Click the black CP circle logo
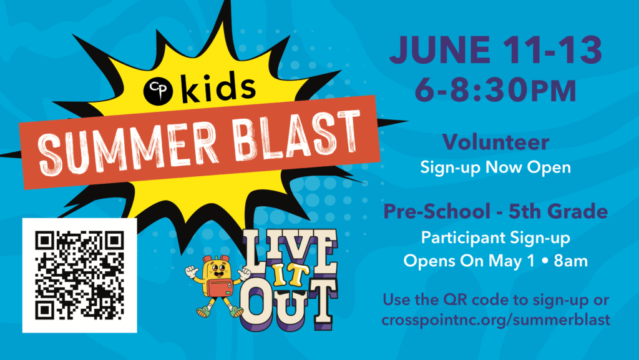158,91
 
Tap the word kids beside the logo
218,86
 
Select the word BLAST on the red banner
298,135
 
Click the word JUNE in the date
440,50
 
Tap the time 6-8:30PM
495,90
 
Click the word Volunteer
495,142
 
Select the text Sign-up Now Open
495,167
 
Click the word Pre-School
437,211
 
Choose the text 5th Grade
559,211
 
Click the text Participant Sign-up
495,237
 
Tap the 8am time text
570,261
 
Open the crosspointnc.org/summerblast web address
496,319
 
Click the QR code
79,275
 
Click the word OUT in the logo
288,304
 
